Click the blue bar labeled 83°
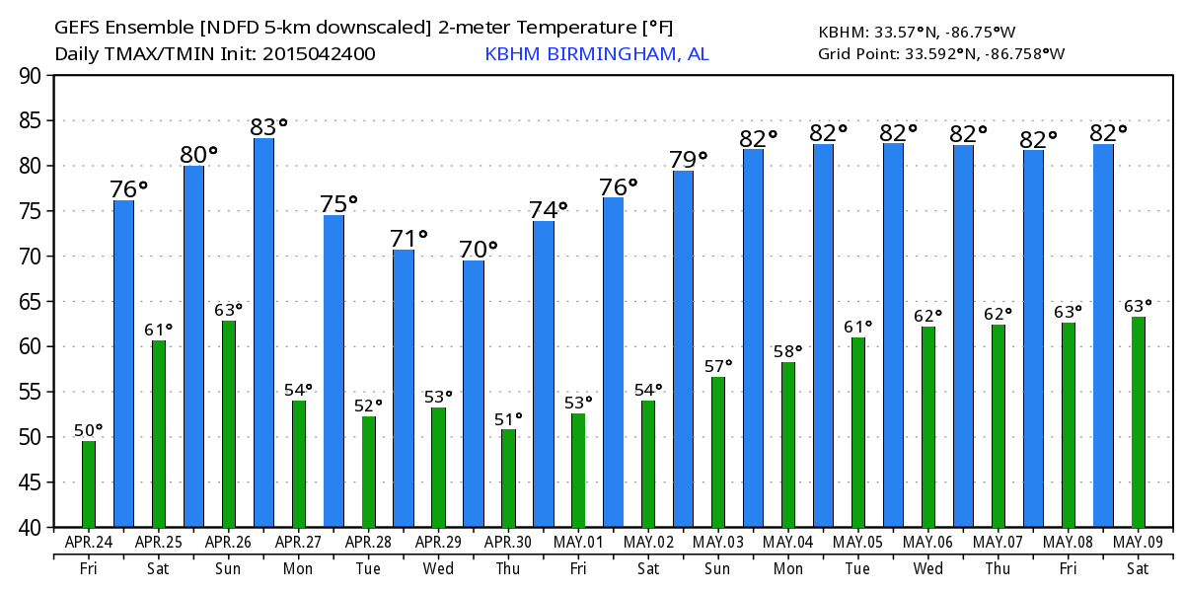(263, 333)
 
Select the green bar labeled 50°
(89, 483)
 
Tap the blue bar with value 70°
(474, 394)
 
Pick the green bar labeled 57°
(718, 452)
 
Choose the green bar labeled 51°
(508, 479)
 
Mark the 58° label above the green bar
(787, 351)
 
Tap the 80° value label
(198, 154)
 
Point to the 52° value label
(367, 406)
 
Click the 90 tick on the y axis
(31, 76)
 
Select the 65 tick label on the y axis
(31, 302)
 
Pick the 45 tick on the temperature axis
(31, 482)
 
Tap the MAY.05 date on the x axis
(857, 542)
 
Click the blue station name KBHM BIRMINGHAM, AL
(596, 54)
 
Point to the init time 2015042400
(319, 54)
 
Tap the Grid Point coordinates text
(941, 53)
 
